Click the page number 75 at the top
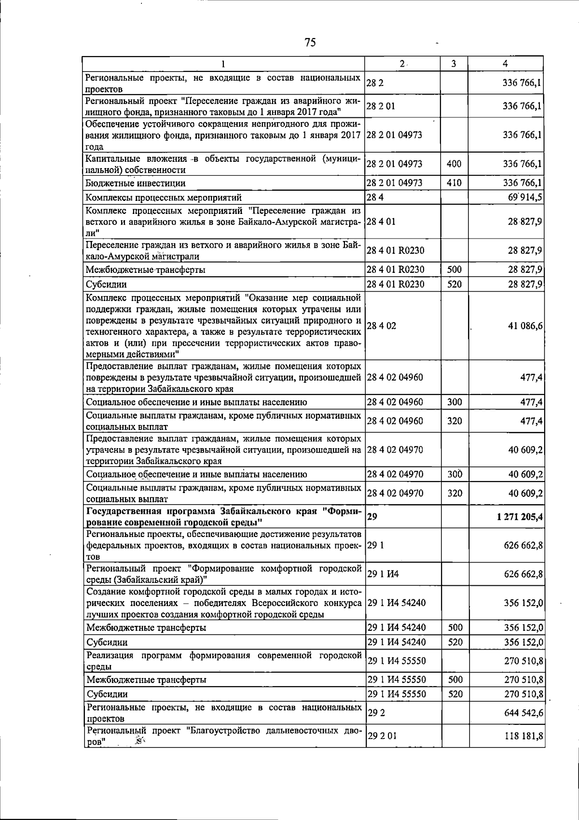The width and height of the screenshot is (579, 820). (x=310, y=42)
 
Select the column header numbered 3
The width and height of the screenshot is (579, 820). (x=454, y=64)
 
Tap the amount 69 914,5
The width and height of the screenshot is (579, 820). (x=523, y=197)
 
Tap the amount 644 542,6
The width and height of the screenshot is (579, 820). (x=523, y=713)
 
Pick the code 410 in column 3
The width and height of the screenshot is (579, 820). (x=454, y=183)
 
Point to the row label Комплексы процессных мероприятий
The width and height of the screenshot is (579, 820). (x=164, y=198)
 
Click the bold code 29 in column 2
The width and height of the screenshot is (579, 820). (x=372, y=516)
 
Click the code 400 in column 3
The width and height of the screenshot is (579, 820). (x=454, y=164)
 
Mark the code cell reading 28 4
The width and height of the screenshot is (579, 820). (x=374, y=197)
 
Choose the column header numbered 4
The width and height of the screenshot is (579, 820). (x=505, y=64)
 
